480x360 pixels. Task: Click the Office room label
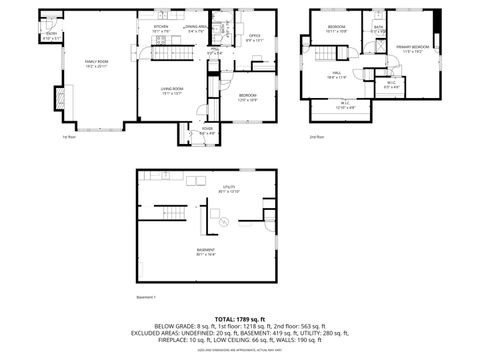(x=254, y=37)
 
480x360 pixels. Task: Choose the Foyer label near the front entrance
(x=207, y=130)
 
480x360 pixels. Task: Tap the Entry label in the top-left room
(x=51, y=37)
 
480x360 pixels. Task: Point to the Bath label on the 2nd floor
(x=378, y=29)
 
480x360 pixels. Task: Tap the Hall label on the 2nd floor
(x=337, y=74)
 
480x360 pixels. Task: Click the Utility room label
(x=229, y=188)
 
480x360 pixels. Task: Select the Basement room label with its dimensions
(x=205, y=252)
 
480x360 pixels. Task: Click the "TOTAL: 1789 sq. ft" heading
(x=239, y=317)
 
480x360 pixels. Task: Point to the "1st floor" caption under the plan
(x=69, y=137)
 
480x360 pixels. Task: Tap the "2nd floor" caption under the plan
(x=316, y=137)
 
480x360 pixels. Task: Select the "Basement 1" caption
(x=146, y=297)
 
